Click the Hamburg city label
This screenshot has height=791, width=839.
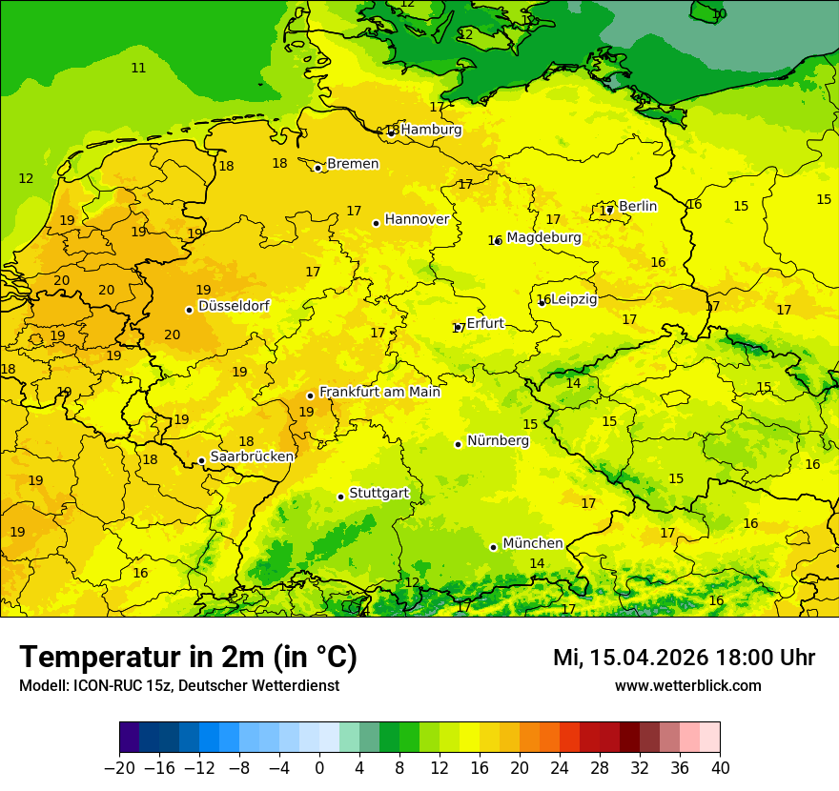click(431, 130)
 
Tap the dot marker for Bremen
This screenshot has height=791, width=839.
click(318, 168)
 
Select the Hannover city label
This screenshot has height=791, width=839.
click(417, 219)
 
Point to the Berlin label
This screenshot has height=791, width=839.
click(638, 207)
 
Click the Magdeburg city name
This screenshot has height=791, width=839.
click(543, 237)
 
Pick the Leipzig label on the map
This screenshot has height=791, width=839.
click(574, 299)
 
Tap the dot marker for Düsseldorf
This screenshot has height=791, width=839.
click(190, 310)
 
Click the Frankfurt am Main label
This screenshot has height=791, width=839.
click(379, 392)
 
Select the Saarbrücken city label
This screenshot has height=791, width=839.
click(252, 456)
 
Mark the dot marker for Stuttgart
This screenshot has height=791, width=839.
click(340, 497)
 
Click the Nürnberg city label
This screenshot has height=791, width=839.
click(498, 441)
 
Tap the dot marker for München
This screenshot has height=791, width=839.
click(493, 547)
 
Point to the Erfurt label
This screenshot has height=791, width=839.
click(485, 324)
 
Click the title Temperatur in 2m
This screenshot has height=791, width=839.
click(188, 658)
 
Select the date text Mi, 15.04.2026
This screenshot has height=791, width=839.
click(629, 658)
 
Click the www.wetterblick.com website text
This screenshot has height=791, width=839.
click(687, 685)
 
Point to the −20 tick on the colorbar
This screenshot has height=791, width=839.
click(120, 768)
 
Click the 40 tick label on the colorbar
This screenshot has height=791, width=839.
click(720, 768)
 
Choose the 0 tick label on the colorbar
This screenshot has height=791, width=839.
click(319, 768)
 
